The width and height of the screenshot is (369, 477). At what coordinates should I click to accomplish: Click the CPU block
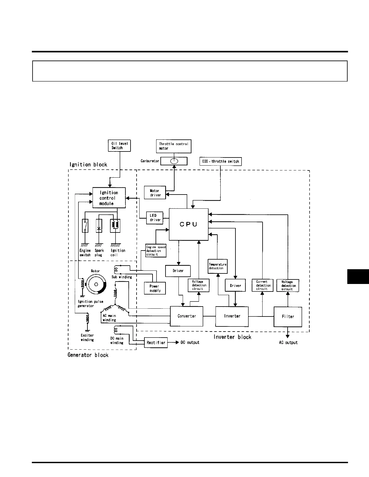(x=188, y=224)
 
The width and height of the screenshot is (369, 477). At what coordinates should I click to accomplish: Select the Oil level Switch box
(x=119, y=145)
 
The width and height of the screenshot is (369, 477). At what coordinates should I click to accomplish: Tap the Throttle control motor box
(x=174, y=146)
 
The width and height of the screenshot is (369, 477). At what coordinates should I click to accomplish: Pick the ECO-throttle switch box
(x=221, y=161)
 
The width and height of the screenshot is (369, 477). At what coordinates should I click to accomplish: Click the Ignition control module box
(x=109, y=198)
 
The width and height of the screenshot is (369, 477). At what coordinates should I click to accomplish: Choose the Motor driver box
(x=155, y=193)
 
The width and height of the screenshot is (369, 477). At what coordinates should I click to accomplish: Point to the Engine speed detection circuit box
(x=156, y=251)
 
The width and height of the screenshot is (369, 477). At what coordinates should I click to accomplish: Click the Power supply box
(x=155, y=288)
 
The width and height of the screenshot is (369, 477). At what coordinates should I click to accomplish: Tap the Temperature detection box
(x=217, y=266)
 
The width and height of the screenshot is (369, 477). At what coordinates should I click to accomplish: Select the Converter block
(x=187, y=316)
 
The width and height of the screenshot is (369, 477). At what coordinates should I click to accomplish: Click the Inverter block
(x=232, y=316)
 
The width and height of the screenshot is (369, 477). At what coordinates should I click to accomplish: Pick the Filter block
(x=288, y=316)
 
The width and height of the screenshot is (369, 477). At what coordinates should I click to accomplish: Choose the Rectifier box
(x=156, y=343)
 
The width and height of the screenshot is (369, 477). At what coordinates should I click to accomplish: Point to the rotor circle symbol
(x=96, y=284)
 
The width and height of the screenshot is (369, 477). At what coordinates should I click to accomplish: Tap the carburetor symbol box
(x=174, y=161)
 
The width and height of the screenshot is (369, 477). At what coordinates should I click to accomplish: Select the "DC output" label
(x=190, y=342)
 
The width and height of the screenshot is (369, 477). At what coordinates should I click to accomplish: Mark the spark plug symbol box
(x=99, y=226)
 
